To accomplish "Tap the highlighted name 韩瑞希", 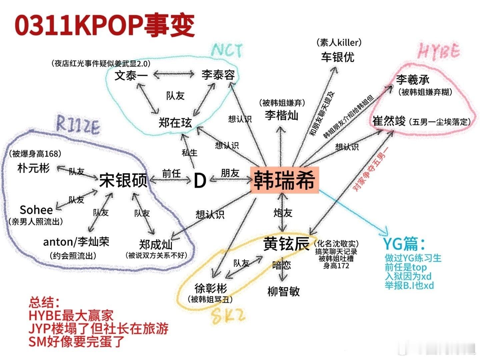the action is pyautogui.click(x=284, y=180).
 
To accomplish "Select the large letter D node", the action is pyautogui.click(x=200, y=180).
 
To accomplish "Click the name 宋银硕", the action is pyautogui.click(x=123, y=180).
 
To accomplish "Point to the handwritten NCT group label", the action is pyautogui.click(x=227, y=50).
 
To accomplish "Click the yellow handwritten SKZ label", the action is pyautogui.click(x=228, y=316).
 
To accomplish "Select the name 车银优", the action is pyautogui.click(x=338, y=57).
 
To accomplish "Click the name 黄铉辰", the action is pyautogui.click(x=286, y=243).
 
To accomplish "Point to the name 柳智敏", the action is pyautogui.click(x=284, y=291).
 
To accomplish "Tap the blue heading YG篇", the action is pyautogui.click(x=404, y=244).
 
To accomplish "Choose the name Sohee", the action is pyautogui.click(x=36, y=210).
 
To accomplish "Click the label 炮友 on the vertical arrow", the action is pyautogui.click(x=283, y=213).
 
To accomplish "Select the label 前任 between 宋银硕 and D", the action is pyautogui.click(x=171, y=174).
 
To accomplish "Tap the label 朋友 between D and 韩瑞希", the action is pyautogui.click(x=230, y=173).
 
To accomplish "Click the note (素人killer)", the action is pyautogui.click(x=339, y=42).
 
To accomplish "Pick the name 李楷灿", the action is pyautogui.click(x=282, y=115).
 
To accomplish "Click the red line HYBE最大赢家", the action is pyautogui.click(x=71, y=315).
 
